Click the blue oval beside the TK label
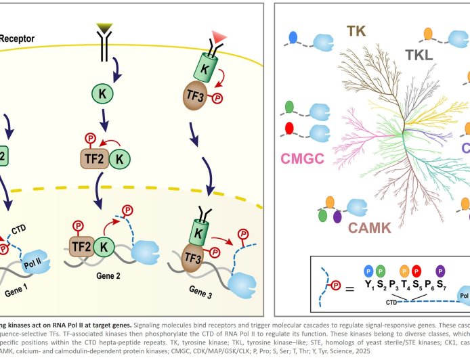[x=293, y=35]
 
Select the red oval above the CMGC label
[x=290, y=128]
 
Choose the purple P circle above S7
[x=440, y=270]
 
